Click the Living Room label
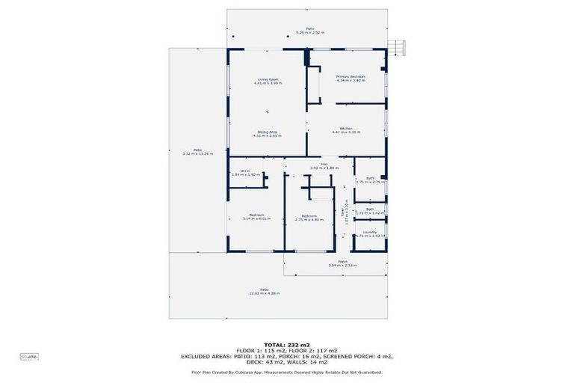pos(268,81)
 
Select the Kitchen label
pos(346,130)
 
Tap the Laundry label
pos(370,233)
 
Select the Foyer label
pos(344,215)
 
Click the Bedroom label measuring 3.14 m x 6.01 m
pos(256,216)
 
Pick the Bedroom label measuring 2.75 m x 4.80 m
pos(308,217)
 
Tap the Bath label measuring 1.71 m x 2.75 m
pos(370,180)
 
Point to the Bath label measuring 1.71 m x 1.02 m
pos(370,211)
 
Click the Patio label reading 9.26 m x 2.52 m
pos(309,31)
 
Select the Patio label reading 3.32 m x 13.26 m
pos(197,152)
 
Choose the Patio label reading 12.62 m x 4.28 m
pos(264,291)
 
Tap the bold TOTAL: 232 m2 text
pos(287,344)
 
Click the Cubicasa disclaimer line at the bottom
pos(287,372)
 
